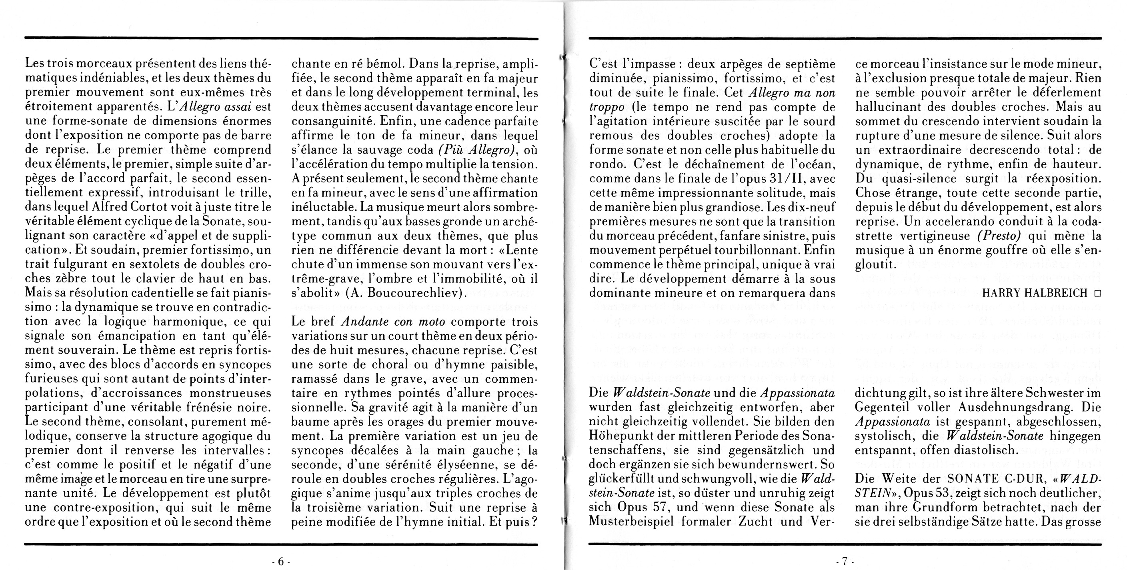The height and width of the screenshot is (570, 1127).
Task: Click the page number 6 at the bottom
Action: point(281,561)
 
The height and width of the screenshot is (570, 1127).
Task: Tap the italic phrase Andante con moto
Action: point(392,322)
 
